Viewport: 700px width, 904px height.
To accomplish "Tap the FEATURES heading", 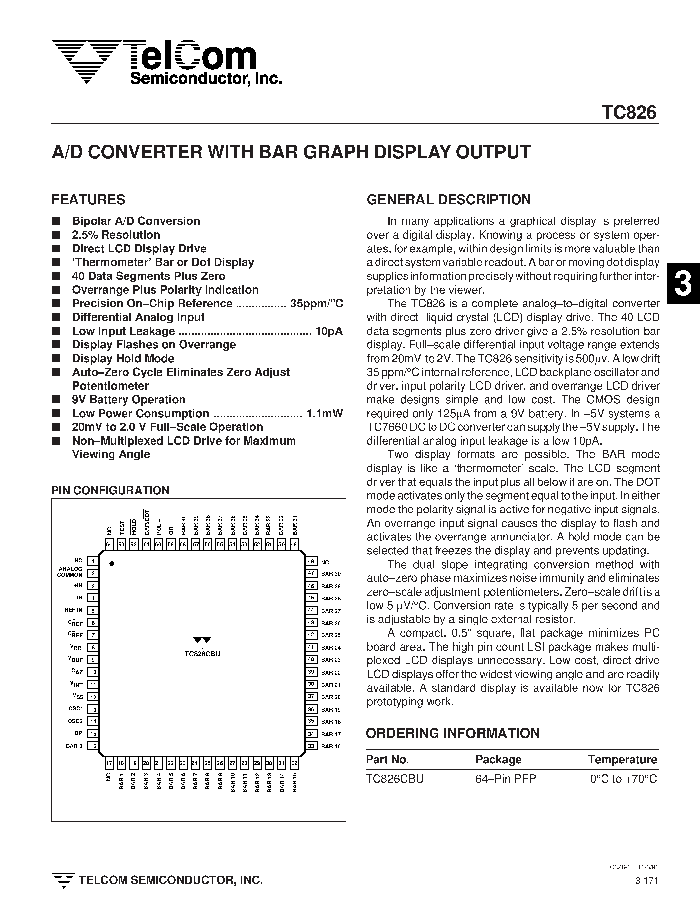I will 88,200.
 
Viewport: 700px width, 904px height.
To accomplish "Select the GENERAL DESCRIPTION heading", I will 448,200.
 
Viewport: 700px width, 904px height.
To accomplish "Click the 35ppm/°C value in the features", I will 317,304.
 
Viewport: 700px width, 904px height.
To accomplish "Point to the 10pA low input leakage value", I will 329,331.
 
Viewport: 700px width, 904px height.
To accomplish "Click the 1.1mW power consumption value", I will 324,414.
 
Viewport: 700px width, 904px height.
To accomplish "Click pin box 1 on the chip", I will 93,561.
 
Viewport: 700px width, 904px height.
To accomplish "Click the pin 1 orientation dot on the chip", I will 112,563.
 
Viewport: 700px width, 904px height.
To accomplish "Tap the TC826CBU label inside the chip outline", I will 202,654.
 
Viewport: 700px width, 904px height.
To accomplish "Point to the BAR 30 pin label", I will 330,574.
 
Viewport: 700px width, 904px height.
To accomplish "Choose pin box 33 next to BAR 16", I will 311,746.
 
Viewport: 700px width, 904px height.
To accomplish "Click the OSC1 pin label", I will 76,709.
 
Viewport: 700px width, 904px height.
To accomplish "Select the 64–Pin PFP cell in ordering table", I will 505,779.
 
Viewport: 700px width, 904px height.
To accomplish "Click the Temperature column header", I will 622,760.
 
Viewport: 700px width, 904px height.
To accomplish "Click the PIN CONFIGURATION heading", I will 110,490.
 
